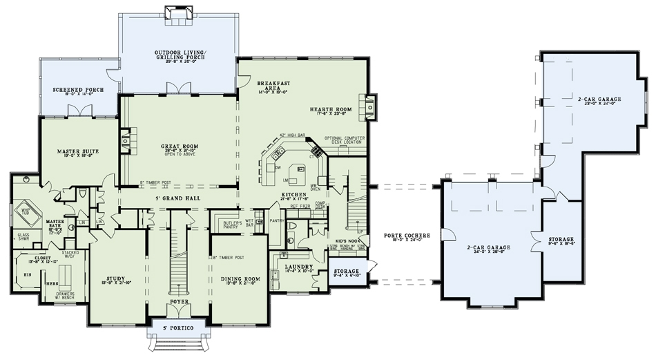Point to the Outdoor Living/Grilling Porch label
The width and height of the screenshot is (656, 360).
pyautogui.click(x=178, y=55)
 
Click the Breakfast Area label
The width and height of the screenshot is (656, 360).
pyautogui.click(x=273, y=86)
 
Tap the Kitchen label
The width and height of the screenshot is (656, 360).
pyautogui.click(x=293, y=196)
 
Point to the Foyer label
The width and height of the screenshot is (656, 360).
pyautogui.click(x=178, y=302)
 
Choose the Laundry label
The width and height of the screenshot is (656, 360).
pyautogui.click(x=298, y=267)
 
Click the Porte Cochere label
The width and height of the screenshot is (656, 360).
pyautogui.click(x=407, y=236)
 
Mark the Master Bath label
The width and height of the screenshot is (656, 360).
pyautogui.click(x=55, y=223)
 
